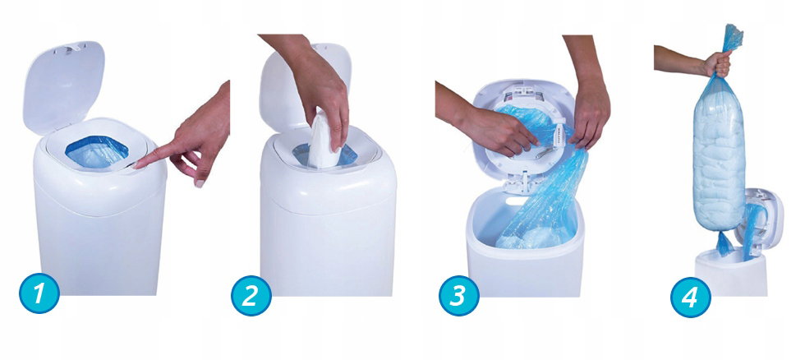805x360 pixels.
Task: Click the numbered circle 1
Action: pyautogui.click(x=39, y=293)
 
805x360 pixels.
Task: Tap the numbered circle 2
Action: pyautogui.click(x=251, y=295)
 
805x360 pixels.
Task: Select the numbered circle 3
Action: pyautogui.click(x=459, y=296)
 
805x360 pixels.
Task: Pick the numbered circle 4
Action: pyautogui.click(x=691, y=298)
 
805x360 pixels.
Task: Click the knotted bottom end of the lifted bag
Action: pyautogui.click(x=724, y=243)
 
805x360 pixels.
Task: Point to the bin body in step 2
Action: pyautogui.click(x=328, y=221)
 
